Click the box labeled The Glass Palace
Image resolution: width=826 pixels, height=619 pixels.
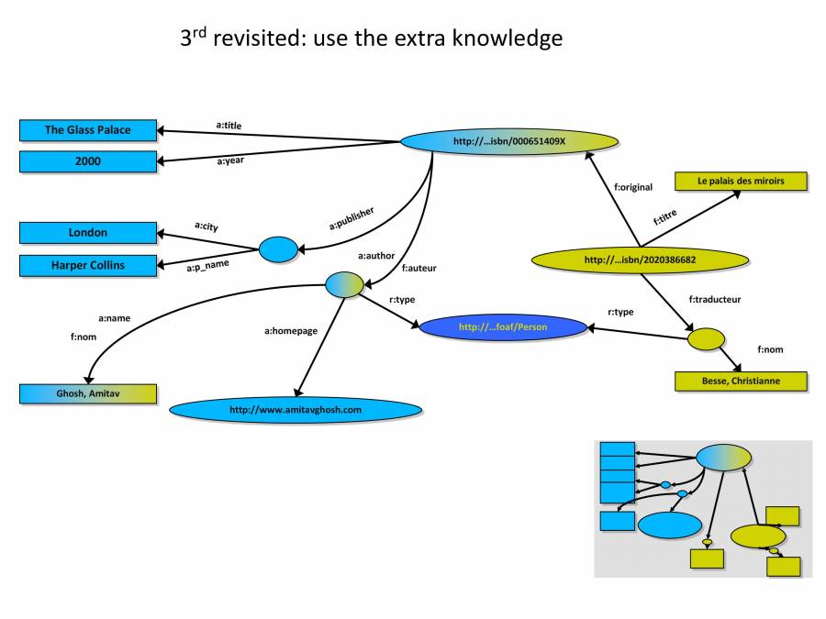tap(88, 130)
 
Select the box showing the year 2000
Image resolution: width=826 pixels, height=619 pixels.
tap(88, 162)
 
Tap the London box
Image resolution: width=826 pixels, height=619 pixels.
tap(88, 233)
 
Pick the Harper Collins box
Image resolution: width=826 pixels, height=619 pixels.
tap(88, 266)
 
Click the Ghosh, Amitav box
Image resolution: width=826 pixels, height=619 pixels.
tap(88, 394)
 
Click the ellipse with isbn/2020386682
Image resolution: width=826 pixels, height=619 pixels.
tap(640, 260)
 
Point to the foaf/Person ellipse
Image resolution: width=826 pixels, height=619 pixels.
tap(503, 326)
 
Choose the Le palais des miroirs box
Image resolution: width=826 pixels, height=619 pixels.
tap(741, 182)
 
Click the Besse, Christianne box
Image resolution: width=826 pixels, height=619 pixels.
tap(741, 381)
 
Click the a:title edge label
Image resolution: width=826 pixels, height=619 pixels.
tap(229, 125)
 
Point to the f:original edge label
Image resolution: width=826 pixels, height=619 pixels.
tap(632, 187)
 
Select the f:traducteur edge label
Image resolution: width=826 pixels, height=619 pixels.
tap(714, 299)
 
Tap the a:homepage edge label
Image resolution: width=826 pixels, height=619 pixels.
tap(291, 330)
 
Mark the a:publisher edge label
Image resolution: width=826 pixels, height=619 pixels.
tap(352, 217)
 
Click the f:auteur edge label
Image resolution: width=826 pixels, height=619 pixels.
tap(419, 269)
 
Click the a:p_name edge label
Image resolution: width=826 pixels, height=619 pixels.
tap(207, 268)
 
